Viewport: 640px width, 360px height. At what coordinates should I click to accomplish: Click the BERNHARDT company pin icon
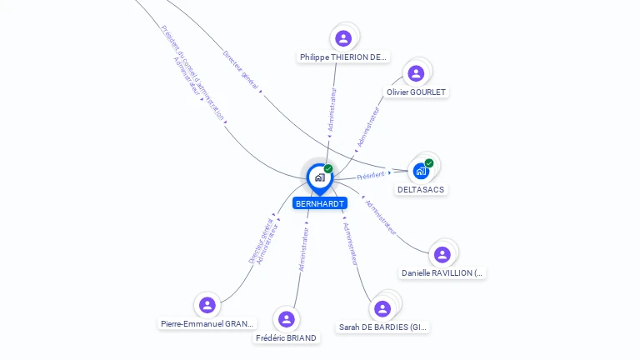coord(319,177)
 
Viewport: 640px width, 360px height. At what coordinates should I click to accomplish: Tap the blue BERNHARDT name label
coord(320,203)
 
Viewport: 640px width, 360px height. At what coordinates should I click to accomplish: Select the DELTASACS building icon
coord(421,171)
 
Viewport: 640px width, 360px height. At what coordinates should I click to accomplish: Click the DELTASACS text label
coord(421,189)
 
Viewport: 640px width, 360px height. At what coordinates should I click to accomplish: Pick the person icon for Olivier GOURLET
coord(416,73)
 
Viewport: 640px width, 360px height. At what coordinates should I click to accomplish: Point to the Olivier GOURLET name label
coord(416,92)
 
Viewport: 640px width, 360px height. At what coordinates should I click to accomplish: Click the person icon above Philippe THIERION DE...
coord(343,38)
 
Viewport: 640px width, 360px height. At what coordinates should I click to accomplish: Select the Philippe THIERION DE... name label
coord(343,57)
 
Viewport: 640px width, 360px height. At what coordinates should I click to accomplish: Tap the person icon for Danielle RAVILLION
coord(442,254)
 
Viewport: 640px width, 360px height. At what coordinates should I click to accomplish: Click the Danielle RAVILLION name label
coord(442,272)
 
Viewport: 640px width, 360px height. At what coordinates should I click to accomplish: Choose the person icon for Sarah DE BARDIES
coord(382,309)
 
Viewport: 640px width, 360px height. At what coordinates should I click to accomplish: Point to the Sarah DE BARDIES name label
coord(383,327)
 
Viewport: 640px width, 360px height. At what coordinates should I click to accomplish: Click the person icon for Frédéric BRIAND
coord(287,319)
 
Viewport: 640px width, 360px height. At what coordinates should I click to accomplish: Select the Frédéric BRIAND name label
coord(287,337)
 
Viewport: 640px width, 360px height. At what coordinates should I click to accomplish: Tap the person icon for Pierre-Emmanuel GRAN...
coord(207,305)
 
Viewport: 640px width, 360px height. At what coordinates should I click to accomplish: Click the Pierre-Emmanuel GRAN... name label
coord(207,323)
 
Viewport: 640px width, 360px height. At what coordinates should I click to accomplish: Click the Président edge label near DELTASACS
coord(371,176)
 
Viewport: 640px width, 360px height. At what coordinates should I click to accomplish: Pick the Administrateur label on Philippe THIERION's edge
coord(333,109)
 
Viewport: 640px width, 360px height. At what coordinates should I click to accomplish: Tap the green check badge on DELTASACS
coord(429,163)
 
